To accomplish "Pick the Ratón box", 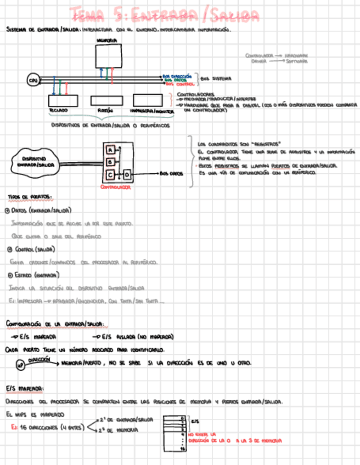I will click(105, 100).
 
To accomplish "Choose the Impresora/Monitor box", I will click(153, 100).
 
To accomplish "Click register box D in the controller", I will click(126, 174).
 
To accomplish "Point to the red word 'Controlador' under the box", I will click(115, 187).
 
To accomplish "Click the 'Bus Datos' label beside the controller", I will click(171, 174).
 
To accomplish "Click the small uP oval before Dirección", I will click(21, 364).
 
